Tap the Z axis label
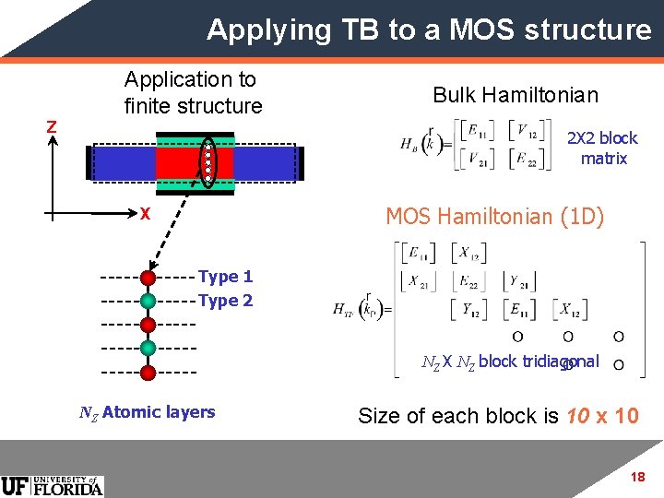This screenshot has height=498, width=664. (x=53, y=126)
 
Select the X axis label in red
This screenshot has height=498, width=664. (x=145, y=213)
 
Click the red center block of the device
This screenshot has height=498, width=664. (x=182, y=162)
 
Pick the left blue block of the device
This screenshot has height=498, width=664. (x=123, y=162)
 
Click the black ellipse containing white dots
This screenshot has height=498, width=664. (x=209, y=161)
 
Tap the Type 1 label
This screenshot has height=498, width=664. (x=225, y=277)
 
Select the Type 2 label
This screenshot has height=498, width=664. (x=225, y=301)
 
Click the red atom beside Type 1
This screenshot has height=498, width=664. (x=148, y=277)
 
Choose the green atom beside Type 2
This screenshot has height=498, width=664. (x=148, y=301)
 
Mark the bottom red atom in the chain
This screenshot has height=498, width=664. (x=148, y=372)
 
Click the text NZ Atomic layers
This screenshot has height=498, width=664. (x=147, y=412)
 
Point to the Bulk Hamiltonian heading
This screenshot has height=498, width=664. (x=516, y=95)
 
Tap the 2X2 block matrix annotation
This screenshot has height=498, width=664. (x=602, y=148)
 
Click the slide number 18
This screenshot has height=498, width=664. (x=636, y=477)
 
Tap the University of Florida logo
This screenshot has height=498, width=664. (x=53, y=485)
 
